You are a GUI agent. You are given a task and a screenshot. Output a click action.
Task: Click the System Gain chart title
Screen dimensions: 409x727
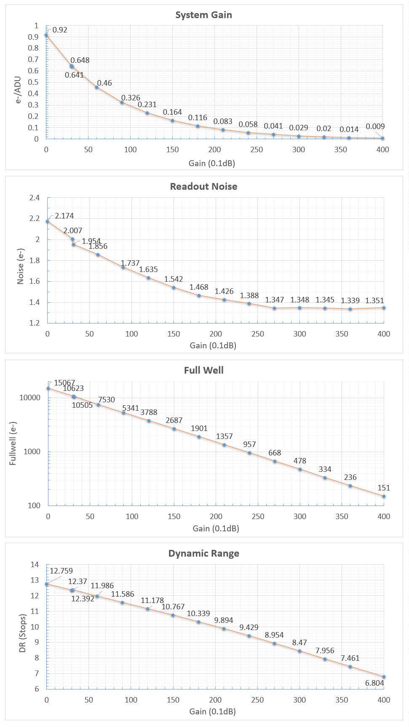203,15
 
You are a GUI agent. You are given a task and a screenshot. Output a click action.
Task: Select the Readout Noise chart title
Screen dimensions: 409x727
203,186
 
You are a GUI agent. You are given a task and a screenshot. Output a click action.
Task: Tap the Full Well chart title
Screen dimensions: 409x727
204,370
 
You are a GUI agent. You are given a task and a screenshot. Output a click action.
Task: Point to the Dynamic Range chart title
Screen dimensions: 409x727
204,553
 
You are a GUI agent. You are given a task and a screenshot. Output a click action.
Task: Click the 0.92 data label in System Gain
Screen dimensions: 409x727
60,30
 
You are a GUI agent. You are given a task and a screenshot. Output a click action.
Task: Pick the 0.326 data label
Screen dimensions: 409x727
131,98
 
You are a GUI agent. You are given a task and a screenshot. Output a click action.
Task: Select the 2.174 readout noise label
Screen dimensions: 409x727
64,216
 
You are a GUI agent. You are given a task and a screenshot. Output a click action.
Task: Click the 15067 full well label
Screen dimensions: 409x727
64,383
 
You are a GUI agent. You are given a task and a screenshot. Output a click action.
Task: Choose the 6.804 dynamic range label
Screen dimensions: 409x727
374,683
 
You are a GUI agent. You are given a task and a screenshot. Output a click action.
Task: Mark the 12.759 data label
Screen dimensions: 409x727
61,571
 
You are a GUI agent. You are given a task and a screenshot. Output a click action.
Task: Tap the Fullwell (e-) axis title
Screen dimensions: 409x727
13,443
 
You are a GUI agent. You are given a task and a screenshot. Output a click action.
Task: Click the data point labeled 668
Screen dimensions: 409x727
275,461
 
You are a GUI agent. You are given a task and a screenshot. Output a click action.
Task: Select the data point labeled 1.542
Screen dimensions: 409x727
174,288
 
